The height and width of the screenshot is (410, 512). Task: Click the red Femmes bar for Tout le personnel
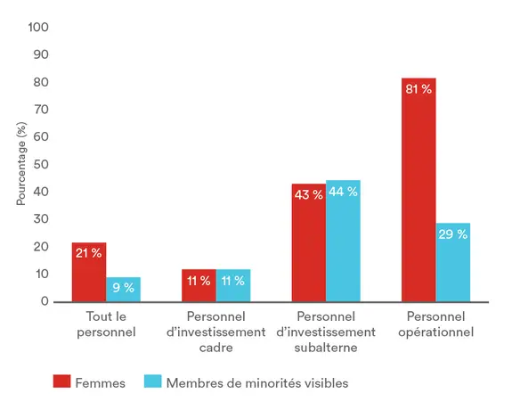click(x=89, y=272)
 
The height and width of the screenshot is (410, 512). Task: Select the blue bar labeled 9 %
click(x=123, y=289)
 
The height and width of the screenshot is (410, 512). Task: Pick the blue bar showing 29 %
click(x=453, y=262)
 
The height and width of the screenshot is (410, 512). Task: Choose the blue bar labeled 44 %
click(x=343, y=241)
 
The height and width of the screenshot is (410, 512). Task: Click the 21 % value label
click(x=89, y=254)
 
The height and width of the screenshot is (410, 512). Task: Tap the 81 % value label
click(x=419, y=89)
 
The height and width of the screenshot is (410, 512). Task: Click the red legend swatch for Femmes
click(x=61, y=382)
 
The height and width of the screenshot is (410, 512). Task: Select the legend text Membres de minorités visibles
click(x=257, y=382)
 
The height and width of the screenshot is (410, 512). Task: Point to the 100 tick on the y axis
click(x=38, y=28)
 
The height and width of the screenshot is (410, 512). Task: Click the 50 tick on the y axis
click(x=41, y=165)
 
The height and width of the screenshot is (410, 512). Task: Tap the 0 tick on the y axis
click(x=44, y=301)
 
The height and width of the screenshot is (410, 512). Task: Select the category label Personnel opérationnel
click(x=436, y=324)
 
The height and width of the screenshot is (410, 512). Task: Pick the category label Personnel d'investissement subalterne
click(x=326, y=332)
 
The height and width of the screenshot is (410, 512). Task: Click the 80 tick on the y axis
click(x=41, y=83)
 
